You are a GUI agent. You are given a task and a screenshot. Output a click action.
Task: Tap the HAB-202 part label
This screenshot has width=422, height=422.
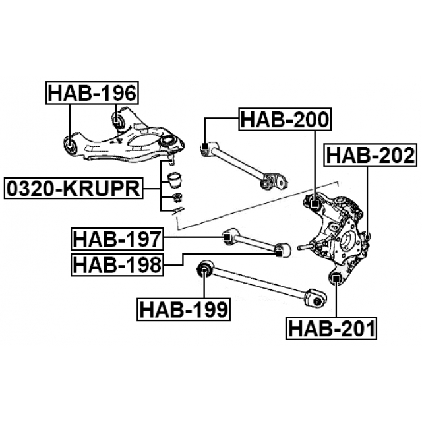tap(370, 155)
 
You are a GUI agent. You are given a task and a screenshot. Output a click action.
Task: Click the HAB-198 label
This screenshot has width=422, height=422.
tap(117, 264)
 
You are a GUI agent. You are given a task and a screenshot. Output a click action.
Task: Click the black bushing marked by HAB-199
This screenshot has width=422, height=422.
tap(204, 268)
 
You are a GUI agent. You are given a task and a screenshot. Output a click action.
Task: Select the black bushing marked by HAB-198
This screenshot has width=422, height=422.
tap(279, 249)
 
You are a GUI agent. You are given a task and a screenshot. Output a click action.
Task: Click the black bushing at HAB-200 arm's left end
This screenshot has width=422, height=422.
tap(204, 147)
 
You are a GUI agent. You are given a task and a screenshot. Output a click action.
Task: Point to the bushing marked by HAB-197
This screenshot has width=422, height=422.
tap(227, 235)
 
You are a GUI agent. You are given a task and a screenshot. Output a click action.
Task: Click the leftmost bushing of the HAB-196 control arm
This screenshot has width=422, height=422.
tap(69, 142)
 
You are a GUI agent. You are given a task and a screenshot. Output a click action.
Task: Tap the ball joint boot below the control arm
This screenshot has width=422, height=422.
tap(175, 179)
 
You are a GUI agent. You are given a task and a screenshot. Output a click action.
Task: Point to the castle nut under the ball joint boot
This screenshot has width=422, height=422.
tap(176, 197)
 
